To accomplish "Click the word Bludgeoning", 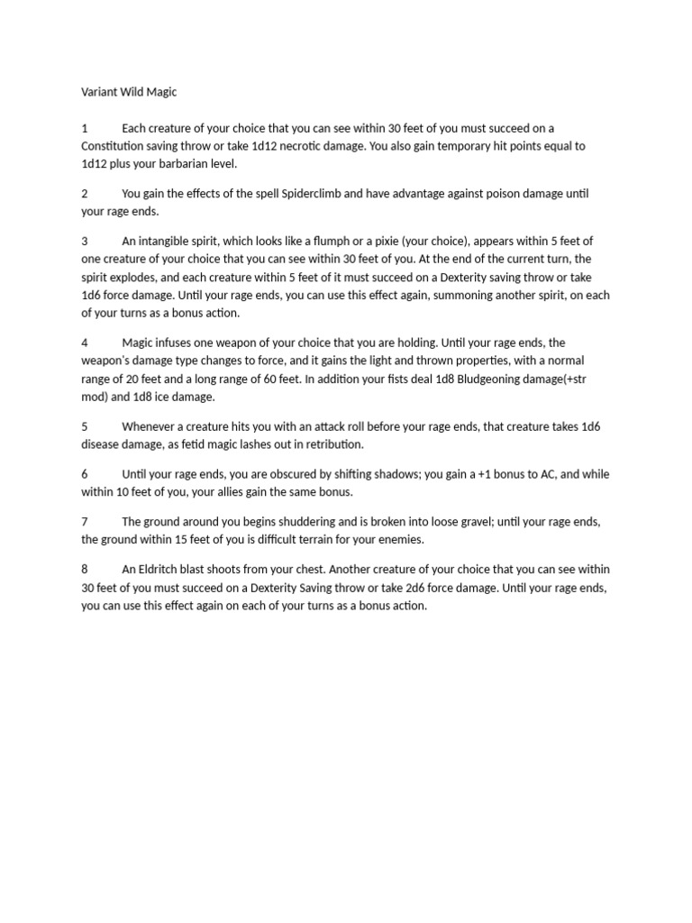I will [495, 379].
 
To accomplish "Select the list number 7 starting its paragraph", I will [85, 522].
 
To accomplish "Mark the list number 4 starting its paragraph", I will [85, 343].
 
